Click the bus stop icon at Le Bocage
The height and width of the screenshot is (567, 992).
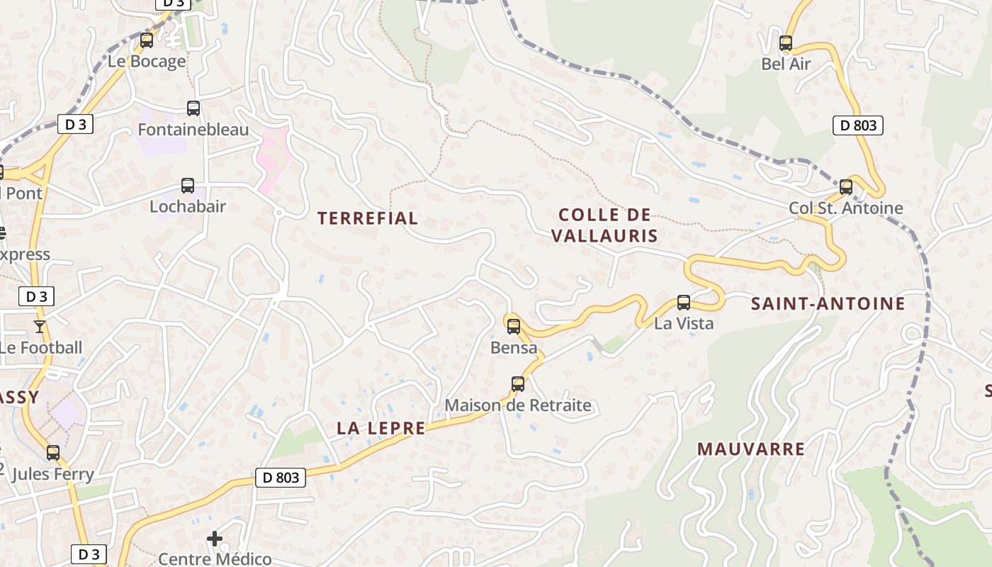[147, 40]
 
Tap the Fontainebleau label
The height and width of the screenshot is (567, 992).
[193, 130]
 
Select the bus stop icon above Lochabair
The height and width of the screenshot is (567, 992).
[188, 186]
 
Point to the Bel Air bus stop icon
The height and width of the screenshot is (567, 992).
[786, 43]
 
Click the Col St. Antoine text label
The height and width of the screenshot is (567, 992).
[846, 208]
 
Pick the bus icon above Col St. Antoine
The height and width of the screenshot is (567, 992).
[846, 187]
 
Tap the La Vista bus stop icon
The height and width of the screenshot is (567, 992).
[684, 303]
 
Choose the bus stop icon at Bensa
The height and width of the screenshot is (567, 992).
[514, 327]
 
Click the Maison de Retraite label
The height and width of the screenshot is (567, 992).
[518, 405]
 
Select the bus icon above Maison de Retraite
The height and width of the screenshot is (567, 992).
[518, 384]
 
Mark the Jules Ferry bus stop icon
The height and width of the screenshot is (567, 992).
[53, 453]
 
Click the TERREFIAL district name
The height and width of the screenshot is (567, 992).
[368, 218]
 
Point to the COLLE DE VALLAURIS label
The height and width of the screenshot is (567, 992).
[605, 225]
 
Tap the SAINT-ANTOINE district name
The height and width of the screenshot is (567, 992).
[828, 304]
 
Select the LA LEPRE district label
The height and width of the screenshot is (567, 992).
[381, 428]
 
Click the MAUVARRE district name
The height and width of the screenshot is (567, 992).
[751, 449]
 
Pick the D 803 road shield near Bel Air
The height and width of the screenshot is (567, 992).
[857, 126]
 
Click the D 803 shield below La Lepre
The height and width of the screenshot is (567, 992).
[281, 478]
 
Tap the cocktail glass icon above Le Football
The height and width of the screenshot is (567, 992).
[39, 327]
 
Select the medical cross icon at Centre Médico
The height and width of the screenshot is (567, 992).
[215, 539]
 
